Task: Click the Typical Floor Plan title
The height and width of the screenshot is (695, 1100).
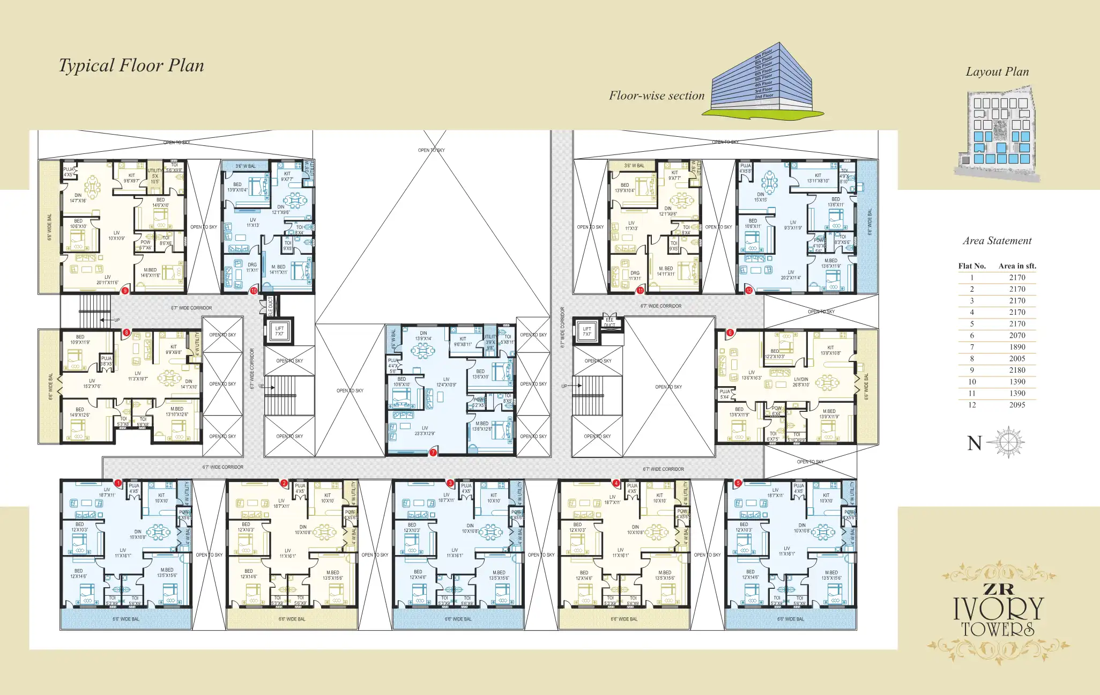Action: pos(131,65)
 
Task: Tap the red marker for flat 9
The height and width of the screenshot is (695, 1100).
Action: pos(125,291)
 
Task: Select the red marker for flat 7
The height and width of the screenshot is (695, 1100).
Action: pos(433,453)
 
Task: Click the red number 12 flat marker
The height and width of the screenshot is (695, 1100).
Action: pos(749,291)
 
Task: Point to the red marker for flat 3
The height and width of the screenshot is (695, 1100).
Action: pos(450,483)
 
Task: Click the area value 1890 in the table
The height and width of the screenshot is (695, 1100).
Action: pos(1017,347)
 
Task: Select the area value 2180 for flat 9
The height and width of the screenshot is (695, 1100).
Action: pos(1017,370)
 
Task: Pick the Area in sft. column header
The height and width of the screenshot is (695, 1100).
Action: pos(1017,266)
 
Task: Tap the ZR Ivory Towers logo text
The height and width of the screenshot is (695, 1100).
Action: pos(999,611)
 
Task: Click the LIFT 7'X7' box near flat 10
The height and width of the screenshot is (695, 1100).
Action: pos(279,331)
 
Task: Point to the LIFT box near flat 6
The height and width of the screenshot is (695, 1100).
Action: pos(587,331)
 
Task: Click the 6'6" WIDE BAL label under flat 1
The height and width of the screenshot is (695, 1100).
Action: pos(126,619)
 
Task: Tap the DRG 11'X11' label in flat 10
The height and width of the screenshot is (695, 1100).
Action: pos(252,267)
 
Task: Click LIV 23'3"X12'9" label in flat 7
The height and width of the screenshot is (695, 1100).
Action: pos(425,431)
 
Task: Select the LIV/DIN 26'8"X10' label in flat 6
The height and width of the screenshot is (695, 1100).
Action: pos(801,382)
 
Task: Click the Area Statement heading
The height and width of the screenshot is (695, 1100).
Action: pos(997,241)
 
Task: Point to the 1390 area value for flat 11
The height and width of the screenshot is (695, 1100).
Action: pos(1017,393)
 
